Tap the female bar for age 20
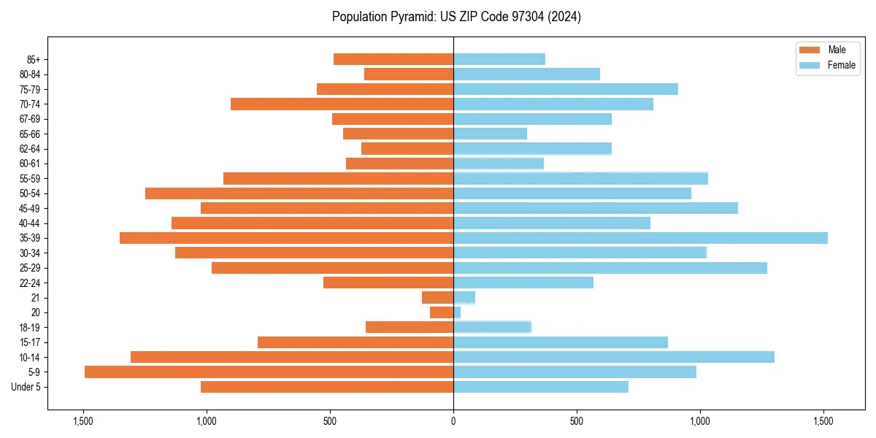coord(457,312)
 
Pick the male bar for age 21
coord(438,298)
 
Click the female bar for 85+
coord(499,59)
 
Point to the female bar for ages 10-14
coord(614,357)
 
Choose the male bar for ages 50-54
coord(299,193)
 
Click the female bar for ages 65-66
coord(490,134)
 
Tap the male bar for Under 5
coord(327,387)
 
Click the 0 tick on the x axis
coord(453,421)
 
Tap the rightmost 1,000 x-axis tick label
coord(700,421)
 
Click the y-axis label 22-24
coord(30,283)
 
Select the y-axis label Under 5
coord(26,387)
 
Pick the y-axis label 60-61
coord(30,164)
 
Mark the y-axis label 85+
coord(33,59)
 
